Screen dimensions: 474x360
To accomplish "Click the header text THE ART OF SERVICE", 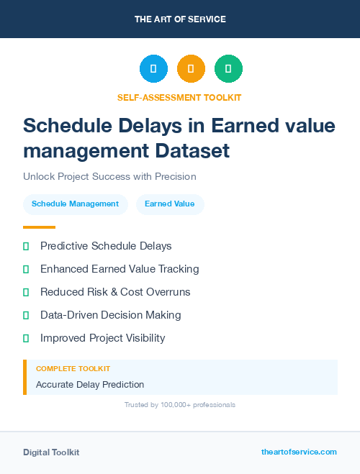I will (180, 19).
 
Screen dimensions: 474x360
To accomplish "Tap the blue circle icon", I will (153, 69).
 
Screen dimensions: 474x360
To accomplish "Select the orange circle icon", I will (191, 69).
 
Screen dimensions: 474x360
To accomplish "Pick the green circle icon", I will (228, 69).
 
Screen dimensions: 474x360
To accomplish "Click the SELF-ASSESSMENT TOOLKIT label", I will (179, 97).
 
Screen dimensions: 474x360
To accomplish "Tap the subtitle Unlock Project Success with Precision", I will (109, 176).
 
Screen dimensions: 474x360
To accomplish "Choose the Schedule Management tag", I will (75, 204).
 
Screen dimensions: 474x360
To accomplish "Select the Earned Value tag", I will (169, 204).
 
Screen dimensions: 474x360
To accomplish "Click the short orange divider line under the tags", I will (39, 227).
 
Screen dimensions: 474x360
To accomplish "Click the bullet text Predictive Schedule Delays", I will (106, 246).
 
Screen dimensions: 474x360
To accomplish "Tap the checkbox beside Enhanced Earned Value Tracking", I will (26, 269).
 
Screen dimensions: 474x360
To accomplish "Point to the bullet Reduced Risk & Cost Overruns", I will (115, 292).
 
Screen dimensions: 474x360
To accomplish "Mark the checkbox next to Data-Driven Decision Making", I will (26, 315).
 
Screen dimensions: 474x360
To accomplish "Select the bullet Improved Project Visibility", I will (102, 338).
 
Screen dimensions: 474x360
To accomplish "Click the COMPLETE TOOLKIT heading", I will (73, 369).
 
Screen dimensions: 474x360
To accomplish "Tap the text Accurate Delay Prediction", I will (90, 385).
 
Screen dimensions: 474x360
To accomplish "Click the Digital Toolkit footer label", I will (51, 452).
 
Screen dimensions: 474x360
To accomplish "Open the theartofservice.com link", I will (299, 452).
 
